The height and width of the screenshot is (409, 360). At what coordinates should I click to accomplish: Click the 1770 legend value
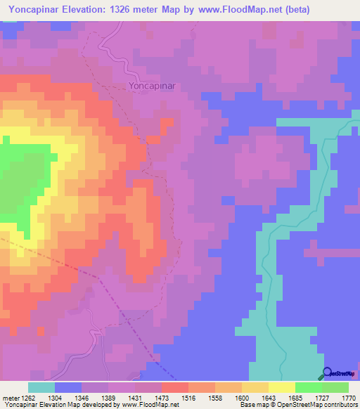(x=349, y=397)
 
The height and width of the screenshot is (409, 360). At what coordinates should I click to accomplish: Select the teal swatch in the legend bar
(x=41, y=387)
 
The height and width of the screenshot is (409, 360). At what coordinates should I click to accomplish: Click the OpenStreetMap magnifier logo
(x=328, y=372)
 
